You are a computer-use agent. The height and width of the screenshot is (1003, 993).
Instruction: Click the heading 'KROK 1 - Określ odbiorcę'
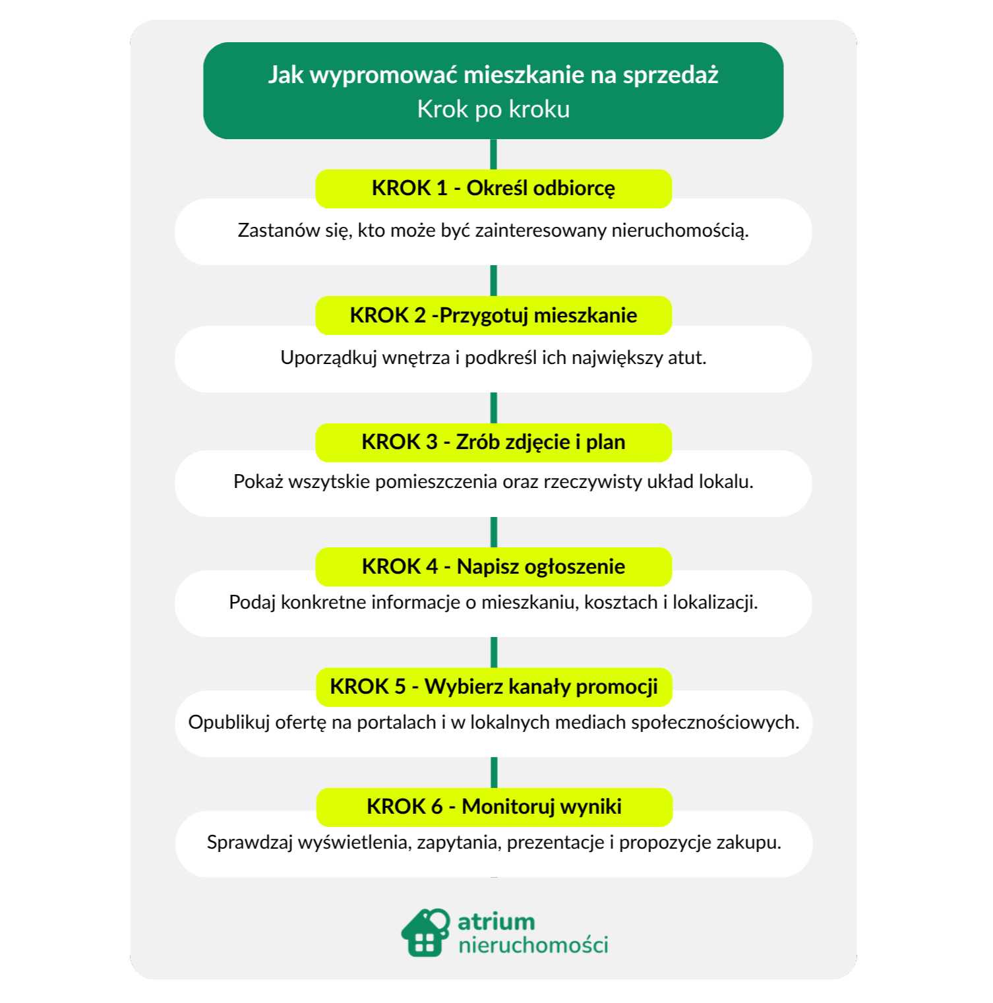pyautogui.click(x=493, y=188)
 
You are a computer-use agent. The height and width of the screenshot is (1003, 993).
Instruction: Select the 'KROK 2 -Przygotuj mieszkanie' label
pyautogui.click(x=493, y=315)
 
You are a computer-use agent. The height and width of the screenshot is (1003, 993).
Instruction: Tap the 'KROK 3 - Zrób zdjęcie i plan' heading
pyautogui.click(x=493, y=442)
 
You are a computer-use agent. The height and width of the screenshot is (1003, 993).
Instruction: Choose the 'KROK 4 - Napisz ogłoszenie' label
pyautogui.click(x=493, y=566)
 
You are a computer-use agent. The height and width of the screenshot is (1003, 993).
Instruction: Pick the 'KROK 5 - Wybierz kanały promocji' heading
pyautogui.click(x=494, y=686)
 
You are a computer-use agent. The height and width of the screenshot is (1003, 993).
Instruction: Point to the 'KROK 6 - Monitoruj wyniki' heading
pyautogui.click(x=494, y=806)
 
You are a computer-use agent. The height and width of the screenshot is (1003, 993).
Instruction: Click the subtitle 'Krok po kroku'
pyautogui.click(x=493, y=109)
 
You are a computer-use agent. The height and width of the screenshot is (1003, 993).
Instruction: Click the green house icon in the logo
pyautogui.click(x=425, y=932)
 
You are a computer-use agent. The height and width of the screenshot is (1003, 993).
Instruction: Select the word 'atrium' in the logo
pyautogui.click(x=496, y=921)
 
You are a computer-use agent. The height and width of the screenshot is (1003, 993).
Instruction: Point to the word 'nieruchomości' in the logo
pyautogui.click(x=533, y=945)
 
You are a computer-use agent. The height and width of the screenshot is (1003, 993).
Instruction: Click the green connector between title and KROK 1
pyautogui.click(x=493, y=154)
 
